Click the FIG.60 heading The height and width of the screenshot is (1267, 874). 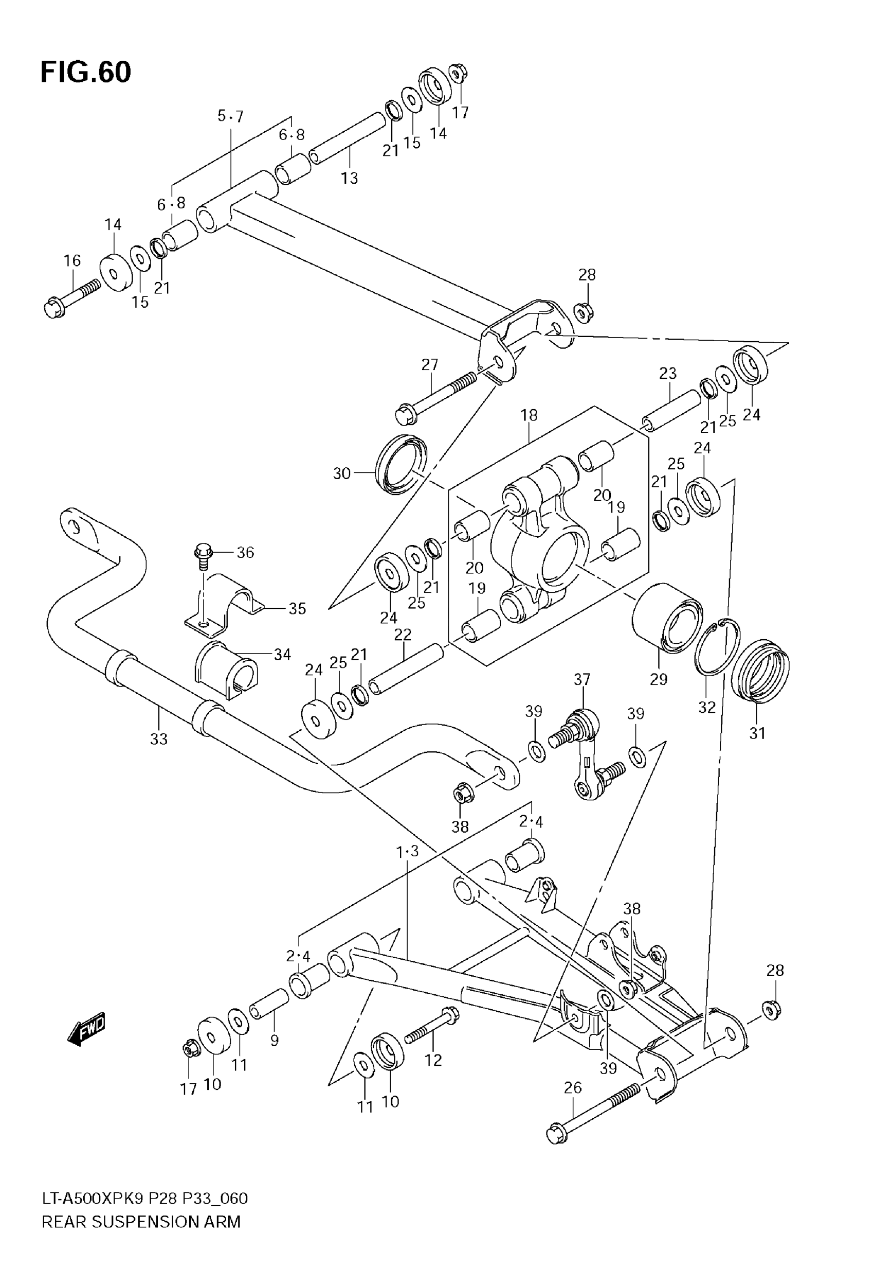point(86,73)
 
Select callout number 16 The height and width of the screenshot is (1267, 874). point(72,260)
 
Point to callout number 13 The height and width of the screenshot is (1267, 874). point(350,178)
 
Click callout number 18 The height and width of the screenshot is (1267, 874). point(529,415)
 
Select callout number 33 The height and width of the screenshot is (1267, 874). point(159,740)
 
